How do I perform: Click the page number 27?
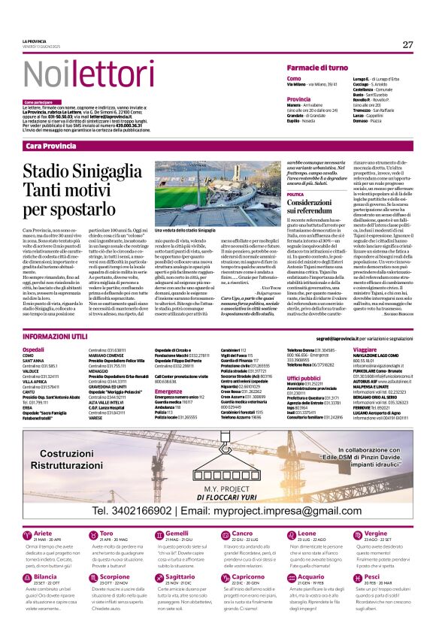[x=407, y=44]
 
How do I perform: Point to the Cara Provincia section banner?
[x=50, y=144]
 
